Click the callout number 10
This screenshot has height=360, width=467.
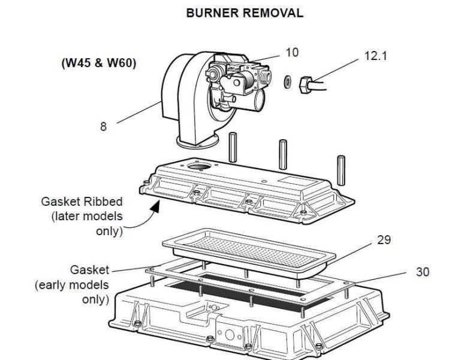pos(292,53)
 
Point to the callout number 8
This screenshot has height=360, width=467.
pos(104,127)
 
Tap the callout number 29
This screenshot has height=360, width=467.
pos(384,239)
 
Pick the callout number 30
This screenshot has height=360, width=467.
pos(423,272)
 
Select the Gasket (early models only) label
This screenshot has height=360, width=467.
pos(73,284)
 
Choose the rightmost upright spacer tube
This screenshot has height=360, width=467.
pos(342,170)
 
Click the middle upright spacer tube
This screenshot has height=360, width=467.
pos(283,152)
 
